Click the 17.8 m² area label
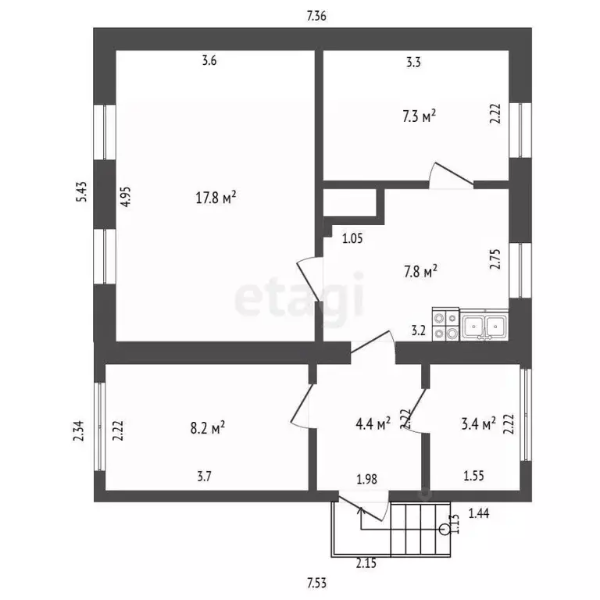216,197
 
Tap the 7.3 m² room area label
419,116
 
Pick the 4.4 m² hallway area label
373,424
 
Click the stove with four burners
445,325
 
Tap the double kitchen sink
484,325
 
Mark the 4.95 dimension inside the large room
125,195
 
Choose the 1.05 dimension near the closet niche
352,240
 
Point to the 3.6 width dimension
209,62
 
